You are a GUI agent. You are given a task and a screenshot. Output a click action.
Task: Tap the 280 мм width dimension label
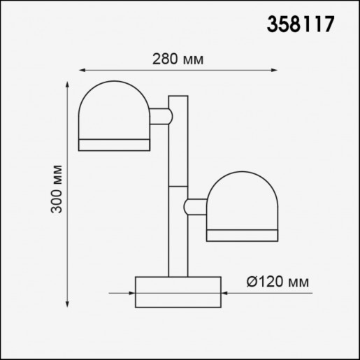pos(178,59)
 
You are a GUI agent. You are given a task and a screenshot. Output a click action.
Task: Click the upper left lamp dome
pos(113,112)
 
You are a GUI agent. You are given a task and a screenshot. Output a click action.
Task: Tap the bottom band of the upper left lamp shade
pos(113,145)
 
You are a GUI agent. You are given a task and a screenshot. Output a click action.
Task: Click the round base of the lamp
pos(178,291)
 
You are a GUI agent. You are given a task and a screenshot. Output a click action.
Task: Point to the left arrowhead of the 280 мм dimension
pos(81,70)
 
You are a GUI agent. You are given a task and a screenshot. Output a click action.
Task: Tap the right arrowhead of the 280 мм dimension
pos(273,70)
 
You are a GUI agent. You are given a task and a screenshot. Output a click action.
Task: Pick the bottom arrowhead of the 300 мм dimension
pos(68,303)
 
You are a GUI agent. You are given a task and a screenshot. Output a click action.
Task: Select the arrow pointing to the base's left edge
pos(130,294)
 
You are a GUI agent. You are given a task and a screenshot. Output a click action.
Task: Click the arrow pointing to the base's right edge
pos(226,294)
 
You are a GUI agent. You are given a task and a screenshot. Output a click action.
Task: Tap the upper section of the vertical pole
pos(178,140)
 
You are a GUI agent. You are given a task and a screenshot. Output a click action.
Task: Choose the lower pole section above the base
pos(178,231)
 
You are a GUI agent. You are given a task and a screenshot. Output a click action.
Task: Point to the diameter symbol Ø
pos(253,282)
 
